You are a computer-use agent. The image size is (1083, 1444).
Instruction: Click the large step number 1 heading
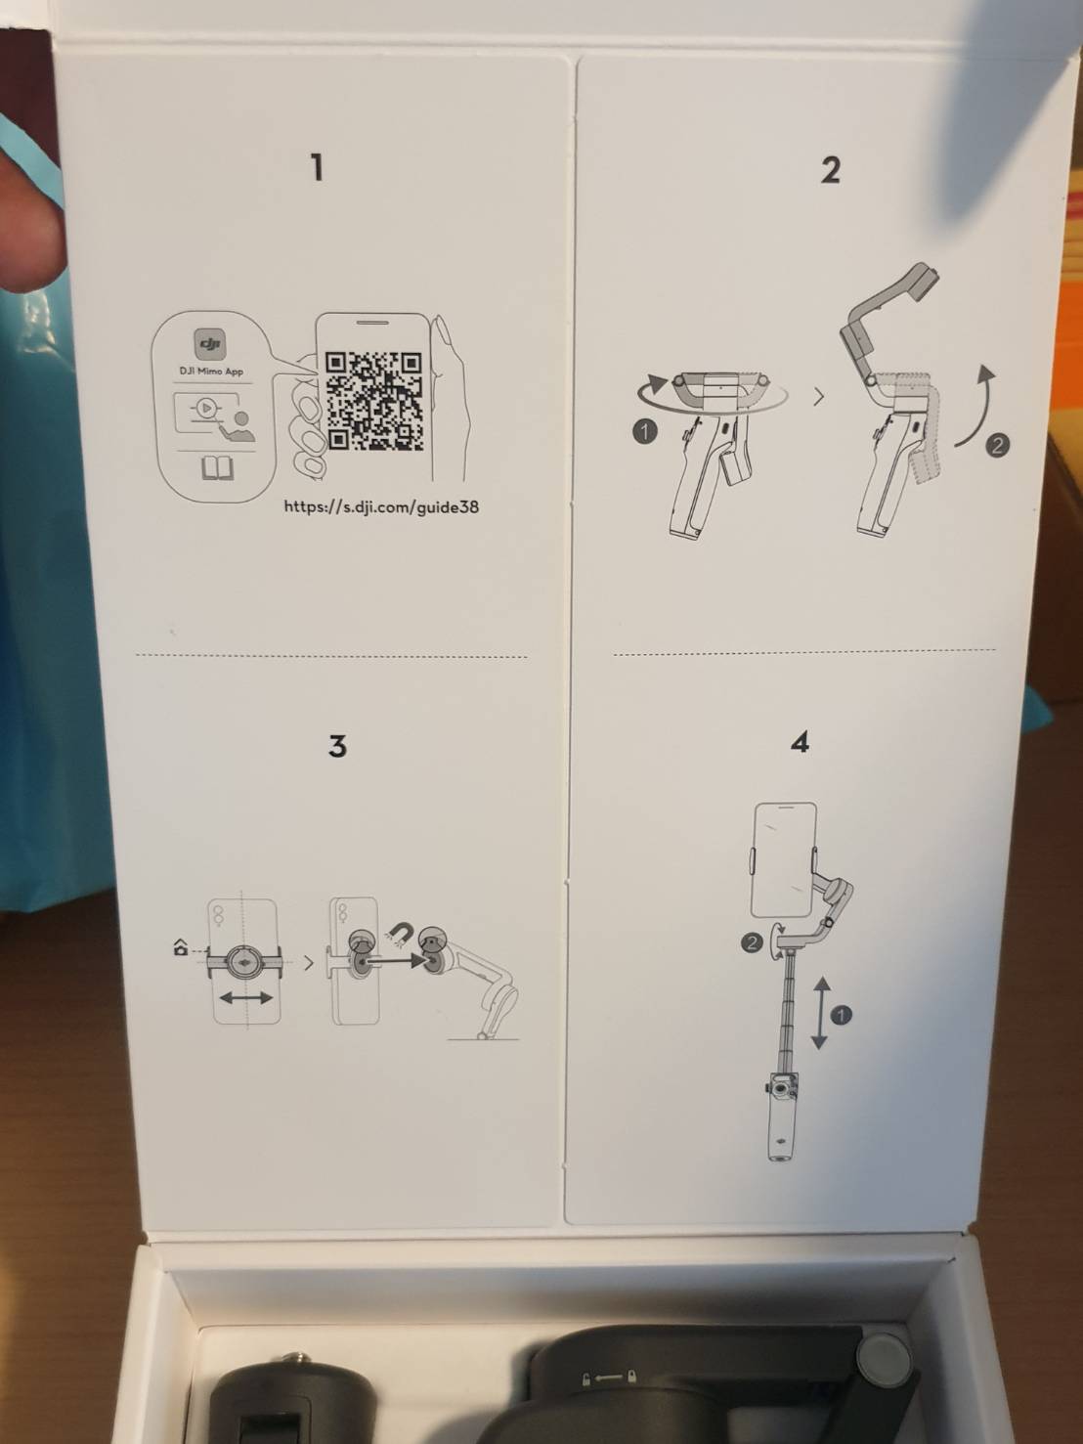(x=317, y=167)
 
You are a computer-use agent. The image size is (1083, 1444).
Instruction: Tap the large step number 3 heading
(x=337, y=746)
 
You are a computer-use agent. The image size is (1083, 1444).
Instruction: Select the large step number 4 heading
(x=800, y=743)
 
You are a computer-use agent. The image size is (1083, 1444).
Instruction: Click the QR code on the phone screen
(x=373, y=401)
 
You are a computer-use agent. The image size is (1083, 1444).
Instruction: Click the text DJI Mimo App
(x=211, y=372)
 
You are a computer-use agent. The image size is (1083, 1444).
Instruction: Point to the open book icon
(x=218, y=468)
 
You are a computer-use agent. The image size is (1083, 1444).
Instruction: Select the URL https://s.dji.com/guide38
(x=381, y=506)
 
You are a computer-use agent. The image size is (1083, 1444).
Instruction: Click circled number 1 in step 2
(x=644, y=431)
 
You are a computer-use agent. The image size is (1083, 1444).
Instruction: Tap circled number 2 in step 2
(x=997, y=446)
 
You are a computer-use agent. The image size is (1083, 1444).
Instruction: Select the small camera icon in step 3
(x=180, y=946)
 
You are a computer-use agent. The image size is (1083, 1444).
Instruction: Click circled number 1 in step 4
(x=841, y=1015)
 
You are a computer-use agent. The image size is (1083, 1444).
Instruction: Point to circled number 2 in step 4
(x=752, y=943)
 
